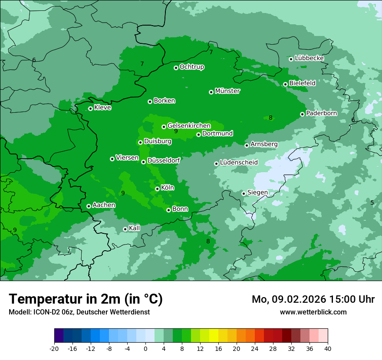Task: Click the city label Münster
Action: pyautogui.click(x=227, y=91)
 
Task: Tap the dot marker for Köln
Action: pyautogui.click(x=157, y=189)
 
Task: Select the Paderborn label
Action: pyautogui.click(x=321, y=113)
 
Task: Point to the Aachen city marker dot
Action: pyautogui.click(x=89, y=206)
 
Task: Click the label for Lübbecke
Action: pyautogui.click(x=309, y=58)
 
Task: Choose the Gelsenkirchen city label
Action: pyautogui.click(x=189, y=126)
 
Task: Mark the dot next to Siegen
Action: pyautogui.click(x=244, y=193)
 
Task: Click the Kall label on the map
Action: pyautogui.click(x=134, y=228)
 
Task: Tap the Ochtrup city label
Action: pyautogui.click(x=191, y=67)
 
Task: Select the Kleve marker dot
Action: pyautogui.click(x=90, y=108)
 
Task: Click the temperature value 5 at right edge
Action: pyautogui.click(x=372, y=203)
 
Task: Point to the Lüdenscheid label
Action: pyautogui.click(x=239, y=163)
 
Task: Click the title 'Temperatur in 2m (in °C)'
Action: pyautogui.click(x=86, y=299)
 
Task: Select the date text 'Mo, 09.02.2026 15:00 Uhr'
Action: pyautogui.click(x=313, y=299)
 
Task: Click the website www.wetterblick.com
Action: pyautogui.click(x=313, y=312)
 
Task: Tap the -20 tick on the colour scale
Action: pyautogui.click(x=54, y=348)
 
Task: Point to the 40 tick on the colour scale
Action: pyautogui.click(x=327, y=348)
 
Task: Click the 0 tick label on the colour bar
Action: pyautogui.click(x=145, y=348)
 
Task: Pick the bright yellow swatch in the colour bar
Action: pyautogui.click(x=214, y=336)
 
